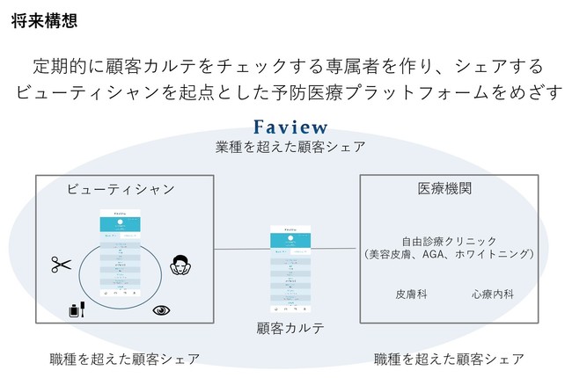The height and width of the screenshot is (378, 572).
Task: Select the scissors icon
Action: [60, 263]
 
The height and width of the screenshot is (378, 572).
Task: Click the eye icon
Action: [161, 309]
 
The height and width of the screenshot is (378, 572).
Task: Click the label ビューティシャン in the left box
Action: [121, 189]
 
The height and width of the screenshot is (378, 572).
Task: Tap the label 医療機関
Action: [448, 188]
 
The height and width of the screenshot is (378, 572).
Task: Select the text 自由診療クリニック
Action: [449, 240]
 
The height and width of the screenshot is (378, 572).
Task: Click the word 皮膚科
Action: [411, 294]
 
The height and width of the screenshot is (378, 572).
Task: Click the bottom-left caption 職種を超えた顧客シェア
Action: [124, 359]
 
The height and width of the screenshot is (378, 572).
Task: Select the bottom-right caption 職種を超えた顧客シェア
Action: [449, 359]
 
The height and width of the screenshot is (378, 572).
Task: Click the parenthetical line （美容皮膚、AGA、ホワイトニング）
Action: [449, 254]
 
